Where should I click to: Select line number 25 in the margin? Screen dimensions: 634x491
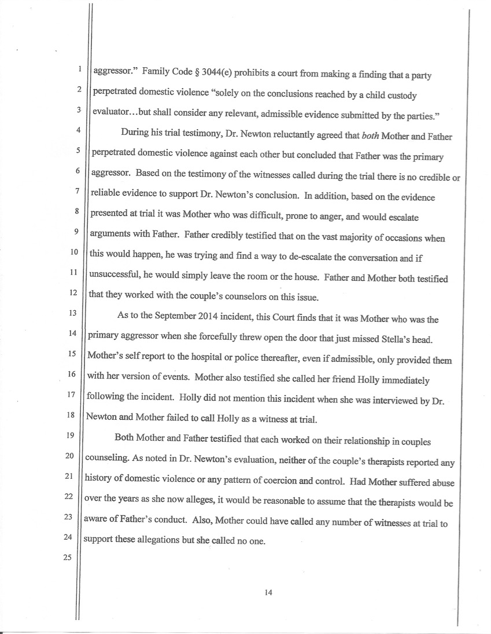point(73,559)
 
